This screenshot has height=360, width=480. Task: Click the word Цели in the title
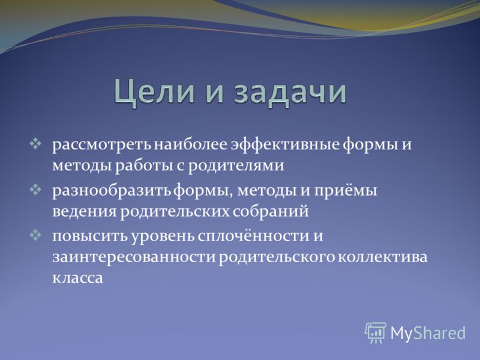coord(155,92)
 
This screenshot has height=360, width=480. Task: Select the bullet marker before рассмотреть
coord(35,144)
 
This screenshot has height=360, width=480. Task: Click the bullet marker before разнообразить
coord(35,190)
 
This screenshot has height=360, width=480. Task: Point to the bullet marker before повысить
coord(35,235)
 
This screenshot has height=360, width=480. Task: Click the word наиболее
coord(191,144)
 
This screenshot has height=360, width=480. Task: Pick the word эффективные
coord(284,145)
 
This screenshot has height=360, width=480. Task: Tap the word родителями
coord(236,166)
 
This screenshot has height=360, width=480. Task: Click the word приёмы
coord(346,191)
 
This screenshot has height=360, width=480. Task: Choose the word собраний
coord(271,211)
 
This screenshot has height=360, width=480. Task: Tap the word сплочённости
coord(253,236)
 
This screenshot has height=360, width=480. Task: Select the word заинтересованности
coord(134,257)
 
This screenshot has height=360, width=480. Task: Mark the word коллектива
coord(382,257)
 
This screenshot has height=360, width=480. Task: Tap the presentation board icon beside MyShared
coord(376,332)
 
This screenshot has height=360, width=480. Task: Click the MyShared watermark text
coord(428,333)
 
